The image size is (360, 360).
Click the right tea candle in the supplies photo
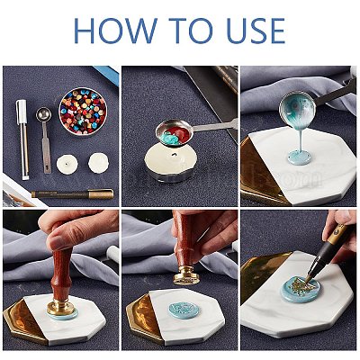[x=97, y=164]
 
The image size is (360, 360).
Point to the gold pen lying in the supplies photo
[x=72, y=193]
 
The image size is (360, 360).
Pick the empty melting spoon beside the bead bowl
[x=43, y=116]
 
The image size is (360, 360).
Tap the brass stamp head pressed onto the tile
[x=57, y=304]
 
